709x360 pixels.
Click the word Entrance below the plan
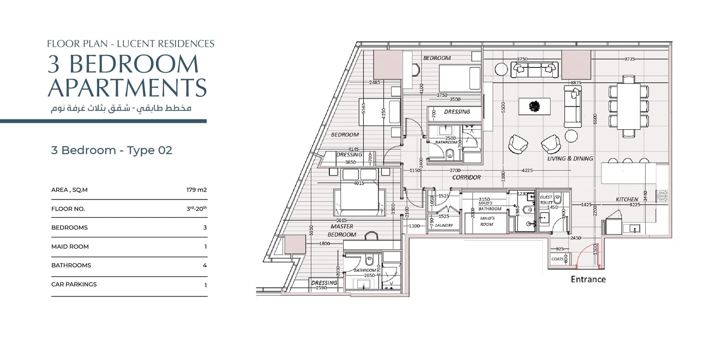pos(588,279)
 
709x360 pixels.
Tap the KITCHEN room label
pos(627,199)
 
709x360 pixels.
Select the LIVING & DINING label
pos(570,158)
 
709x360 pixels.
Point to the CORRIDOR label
pos(466,177)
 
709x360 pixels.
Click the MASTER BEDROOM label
pos(342,230)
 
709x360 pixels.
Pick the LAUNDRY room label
pos(444,225)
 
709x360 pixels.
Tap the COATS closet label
pos(557,259)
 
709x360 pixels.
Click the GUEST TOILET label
pos(546,200)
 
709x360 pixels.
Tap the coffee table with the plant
pos(534,106)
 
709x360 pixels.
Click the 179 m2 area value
pos(196,190)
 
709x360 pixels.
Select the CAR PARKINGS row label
pos(74,284)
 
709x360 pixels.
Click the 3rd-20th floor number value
pos(196,208)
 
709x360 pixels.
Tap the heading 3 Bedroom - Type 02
pos(112,150)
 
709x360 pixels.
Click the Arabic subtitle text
pos(121,108)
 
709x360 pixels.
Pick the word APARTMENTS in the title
pos(127,88)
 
